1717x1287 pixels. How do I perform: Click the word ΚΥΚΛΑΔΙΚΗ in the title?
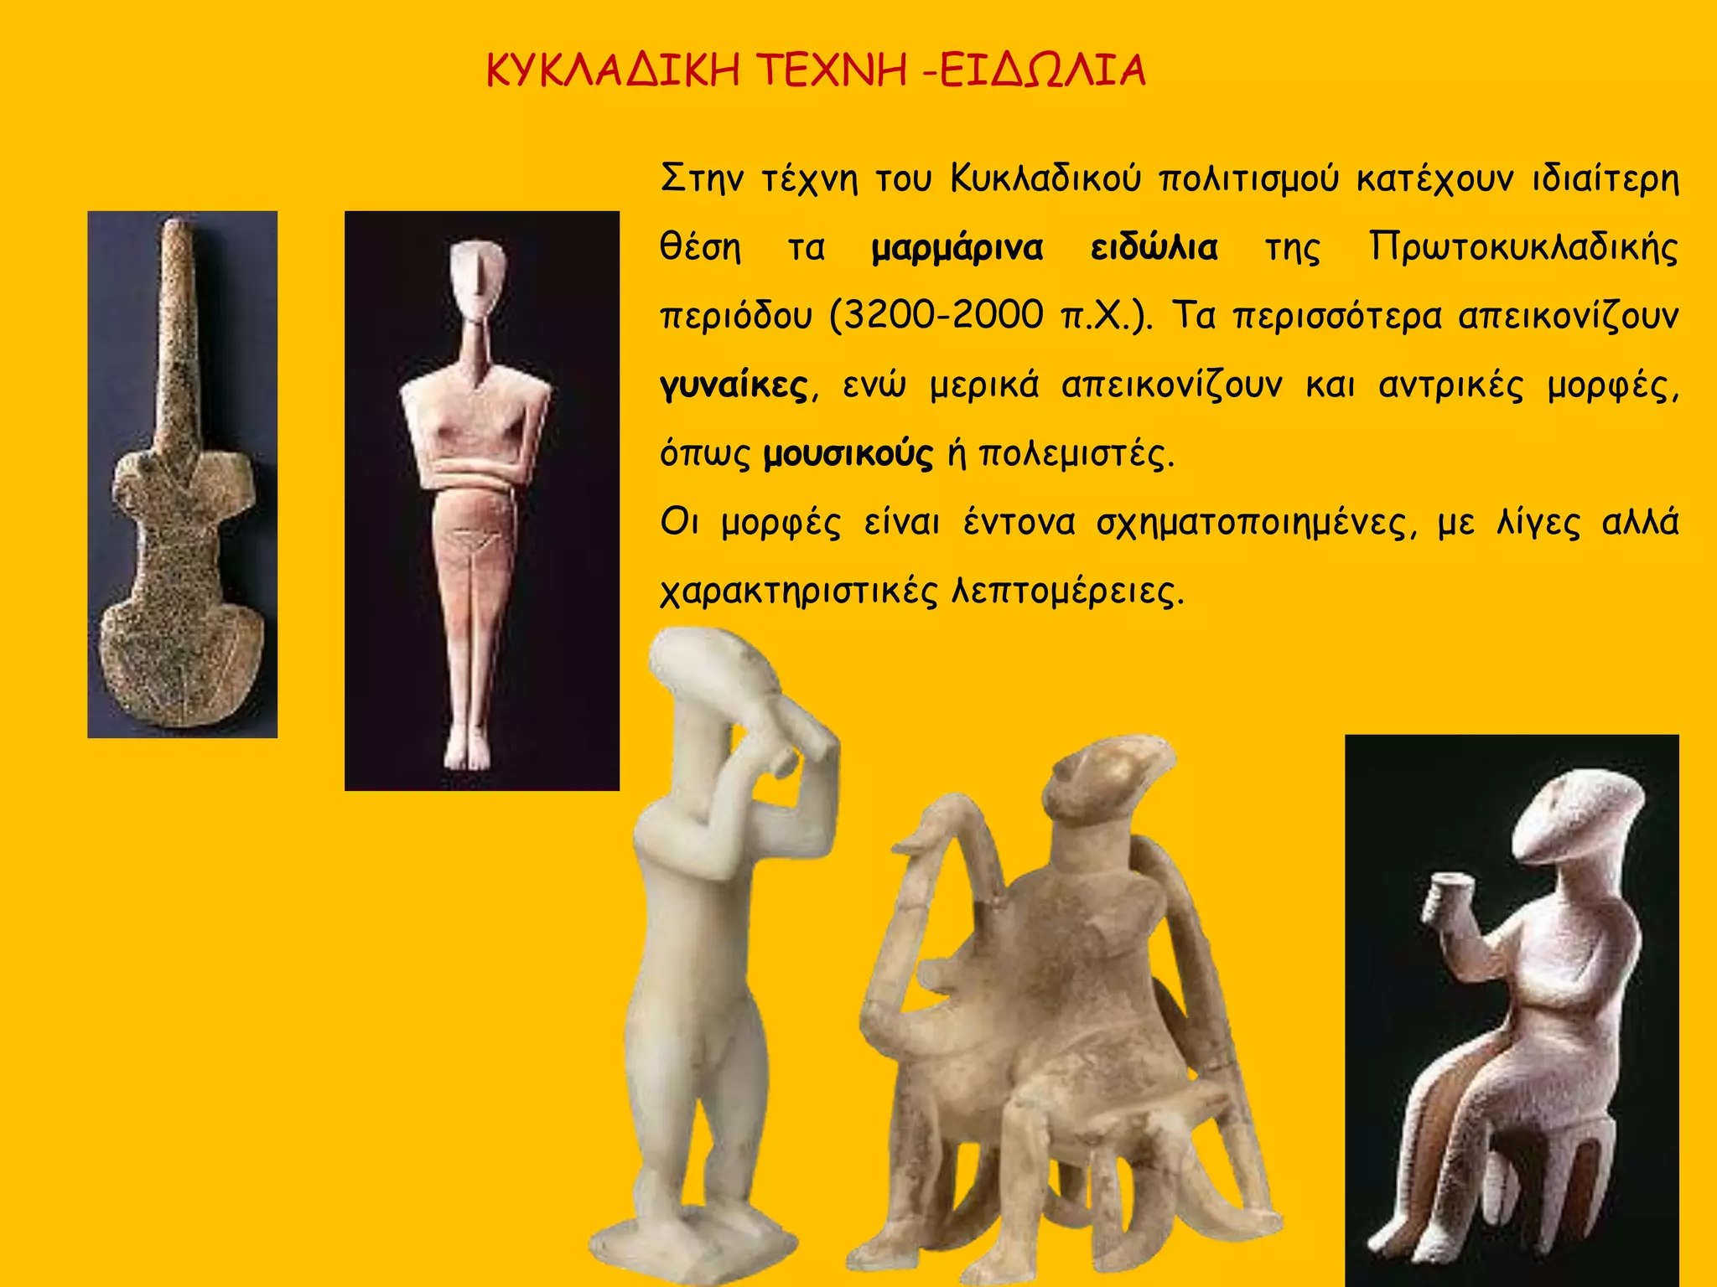click(x=613, y=71)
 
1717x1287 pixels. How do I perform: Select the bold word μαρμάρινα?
click(x=957, y=249)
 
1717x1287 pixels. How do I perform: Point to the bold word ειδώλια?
click(x=1154, y=249)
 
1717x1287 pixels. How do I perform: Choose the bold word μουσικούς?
click(x=848, y=455)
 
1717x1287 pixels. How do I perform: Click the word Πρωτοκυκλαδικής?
click(x=1523, y=249)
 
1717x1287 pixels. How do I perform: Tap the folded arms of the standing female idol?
click(x=475, y=478)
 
